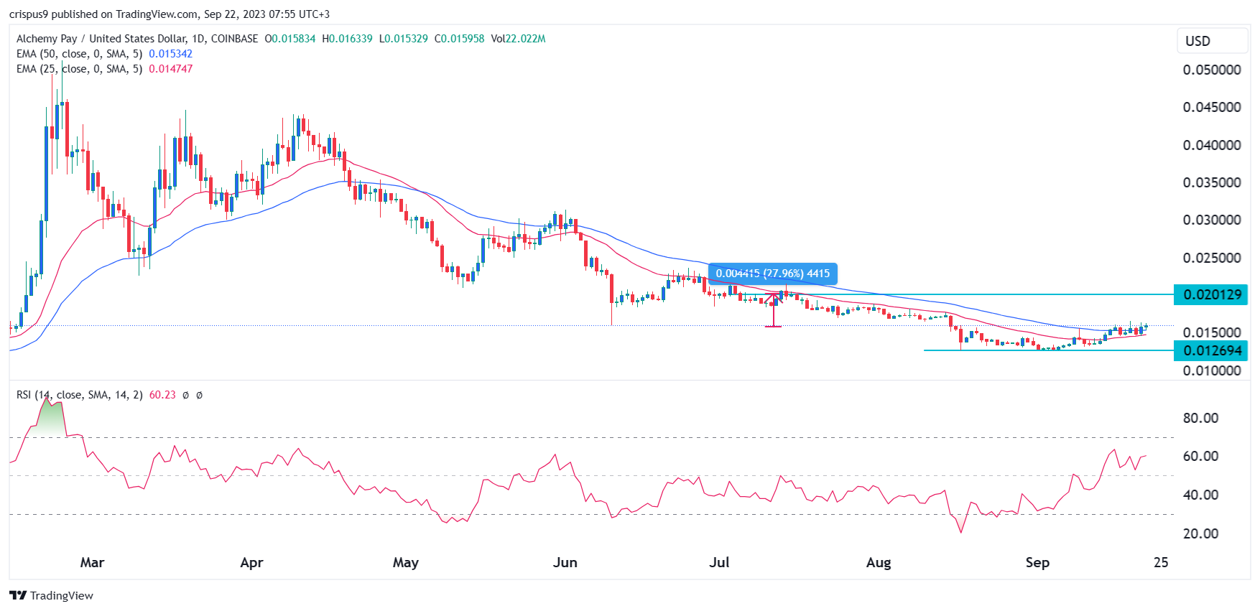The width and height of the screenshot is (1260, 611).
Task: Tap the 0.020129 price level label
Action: pyautogui.click(x=1211, y=294)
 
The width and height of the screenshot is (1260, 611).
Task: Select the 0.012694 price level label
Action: pyautogui.click(x=1211, y=350)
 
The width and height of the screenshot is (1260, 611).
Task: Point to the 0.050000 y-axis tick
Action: pyautogui.click(x=1211, y=70)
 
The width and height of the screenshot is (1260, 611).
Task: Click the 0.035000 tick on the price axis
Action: pyautogui.click(x=1211, y=182)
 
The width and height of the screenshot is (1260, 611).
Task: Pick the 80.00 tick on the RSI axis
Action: pyautogui.click(x=1200, y=418)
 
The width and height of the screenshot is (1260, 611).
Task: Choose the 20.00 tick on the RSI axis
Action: pyautogui.click(x=1200, y=533)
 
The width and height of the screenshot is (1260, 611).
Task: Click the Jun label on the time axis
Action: pyautogui.click(x=565, y=562)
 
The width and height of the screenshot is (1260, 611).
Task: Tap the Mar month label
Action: pyautogui.click(x=92, y=562)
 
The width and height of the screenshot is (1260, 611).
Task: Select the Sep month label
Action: pyautogui.click(x=1037, y=562)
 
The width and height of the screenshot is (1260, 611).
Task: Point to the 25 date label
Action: pyautogui.click(x=1160, y=562)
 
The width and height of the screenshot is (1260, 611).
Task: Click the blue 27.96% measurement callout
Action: pyautogui.click(x=772, y=274)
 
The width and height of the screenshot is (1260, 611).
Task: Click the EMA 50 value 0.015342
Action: pyautogui.click(x=170, y=54)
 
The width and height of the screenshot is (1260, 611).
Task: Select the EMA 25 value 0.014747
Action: pyautogui.click(x=170, y=69)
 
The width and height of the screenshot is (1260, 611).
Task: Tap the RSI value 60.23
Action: pyautogui.click(x=162, y=395)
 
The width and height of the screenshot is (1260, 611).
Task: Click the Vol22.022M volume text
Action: pyautogui.click(x=518, y=39)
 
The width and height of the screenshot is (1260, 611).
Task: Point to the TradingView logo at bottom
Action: pyautogui.click(x=52, y=595)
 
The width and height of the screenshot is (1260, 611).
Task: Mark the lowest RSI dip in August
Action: pyautogui.click(x=961, y=531)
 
